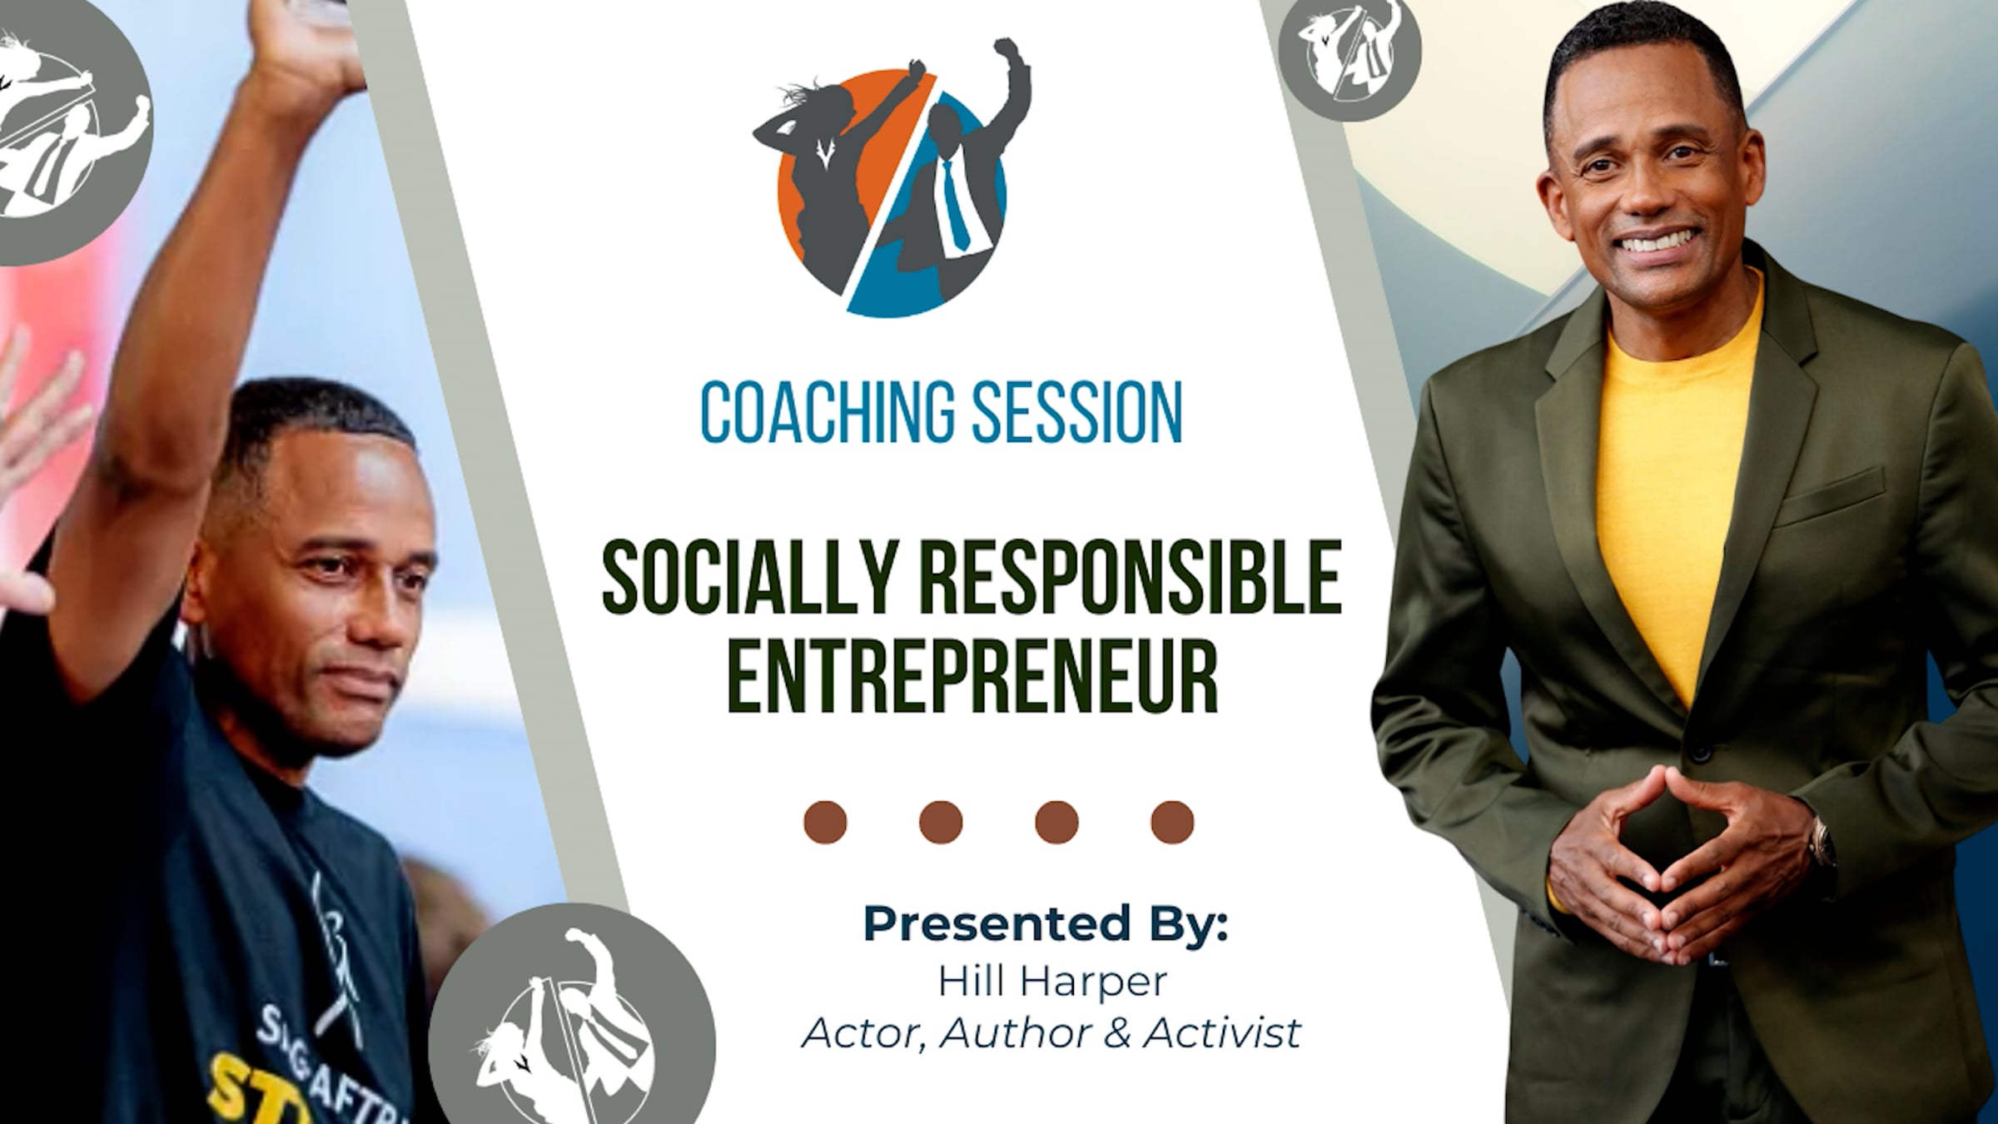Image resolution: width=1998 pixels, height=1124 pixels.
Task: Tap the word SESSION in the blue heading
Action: click(x=1078, y=412)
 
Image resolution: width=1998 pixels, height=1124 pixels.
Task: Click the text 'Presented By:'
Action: click(x=1046, y=924)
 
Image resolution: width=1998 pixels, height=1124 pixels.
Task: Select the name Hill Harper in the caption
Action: click(x=1052, y=982)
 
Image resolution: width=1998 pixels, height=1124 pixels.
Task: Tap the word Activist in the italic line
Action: click(x=1222, y=1033)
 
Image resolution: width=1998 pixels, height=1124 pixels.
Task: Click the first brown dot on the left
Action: click(x=825, y=823)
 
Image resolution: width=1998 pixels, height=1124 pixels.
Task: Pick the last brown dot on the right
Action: click(x=1172, y=823)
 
